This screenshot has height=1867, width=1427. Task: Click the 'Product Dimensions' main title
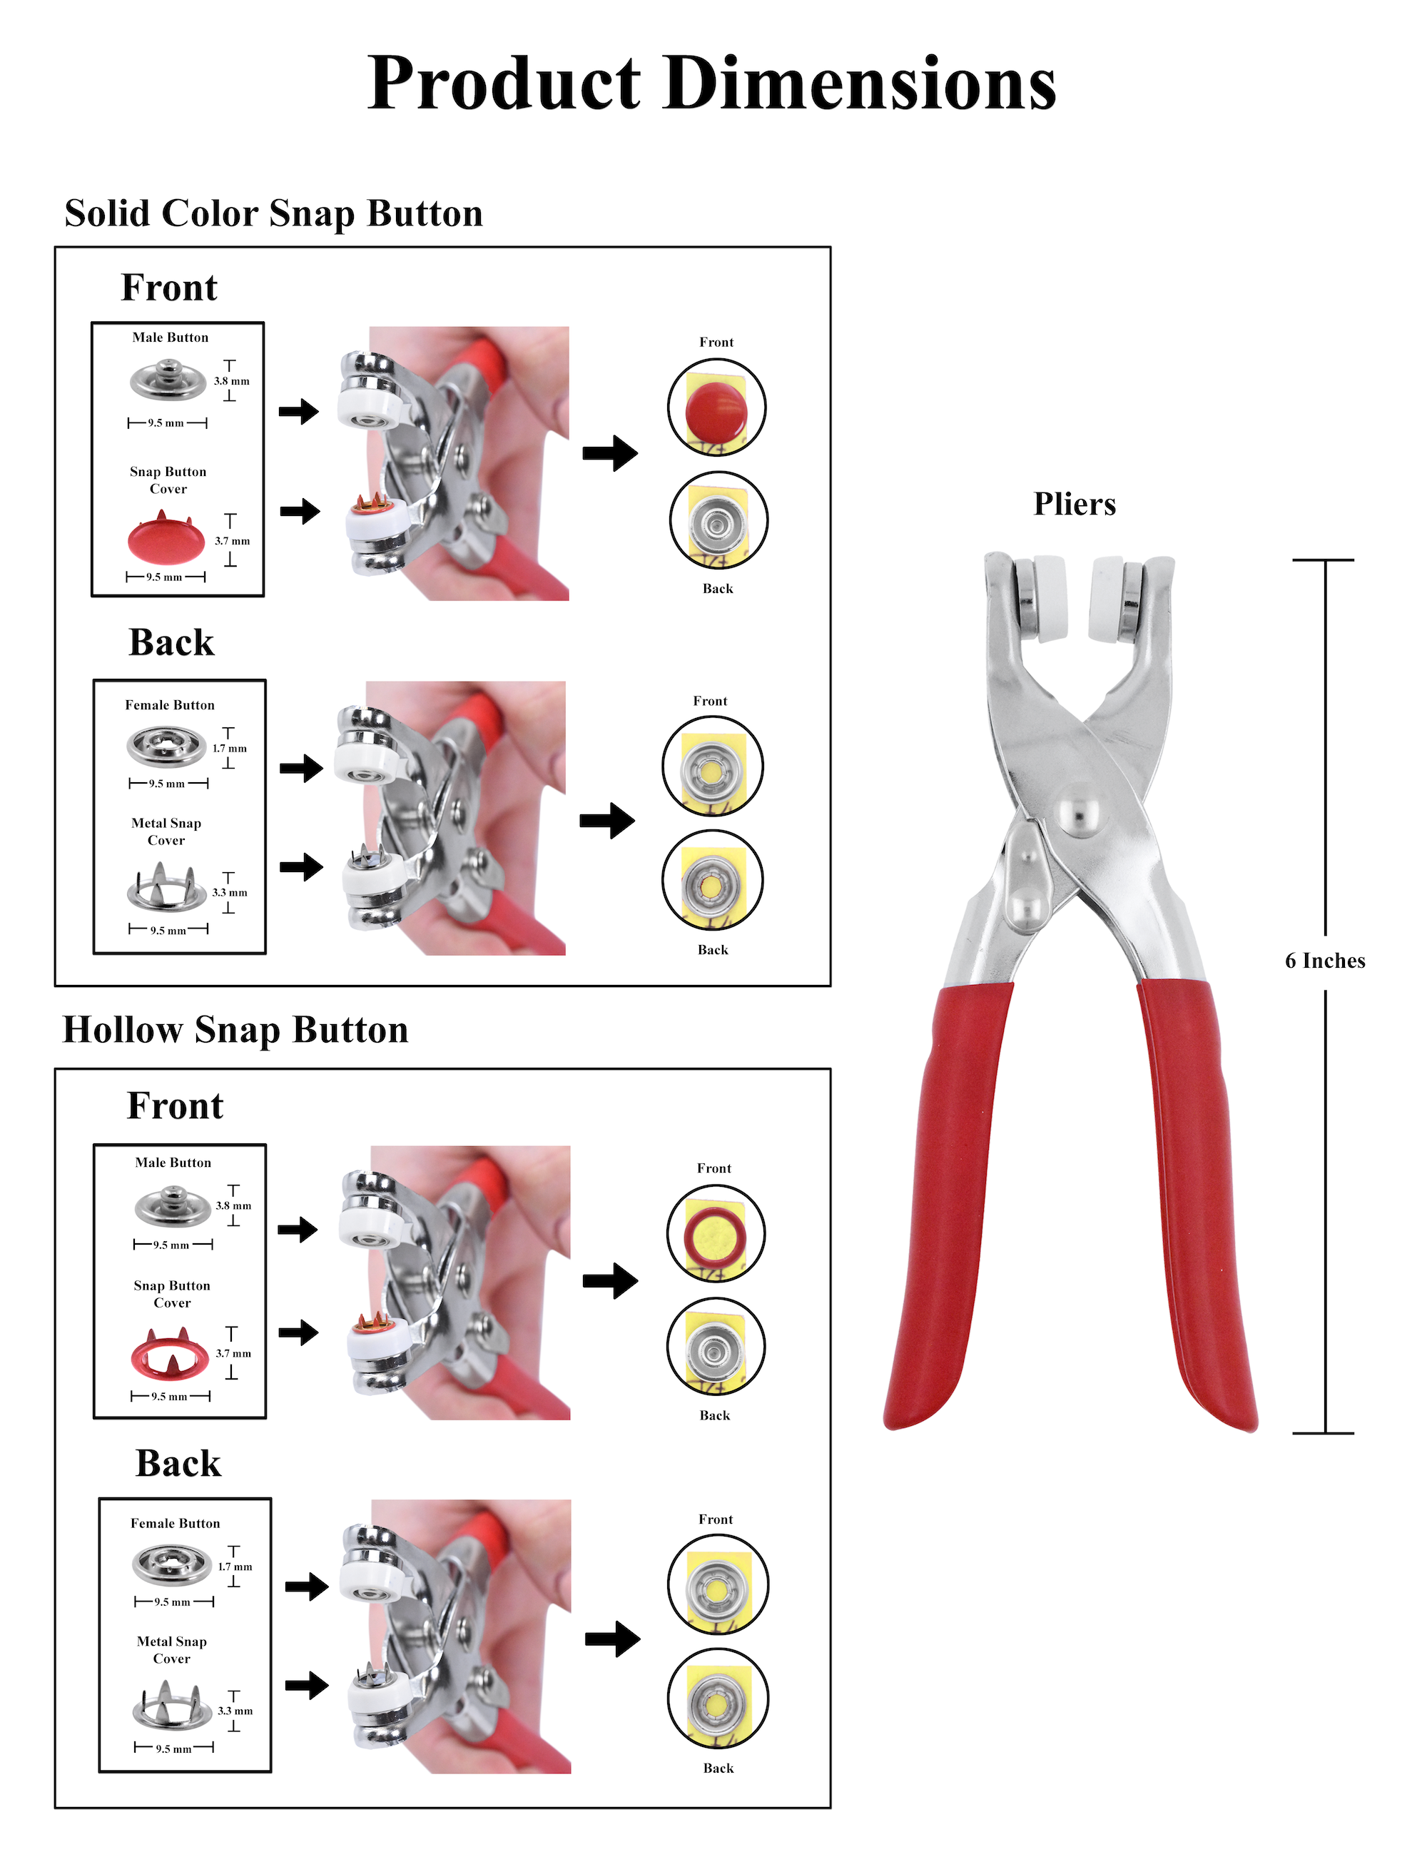[712, 85]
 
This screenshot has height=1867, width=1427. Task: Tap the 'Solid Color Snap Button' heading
[273, 213]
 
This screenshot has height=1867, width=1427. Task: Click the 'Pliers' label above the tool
[1075, 504]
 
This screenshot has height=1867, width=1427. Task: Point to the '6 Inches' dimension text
[1325, 961]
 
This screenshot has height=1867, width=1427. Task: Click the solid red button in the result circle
[716, 410]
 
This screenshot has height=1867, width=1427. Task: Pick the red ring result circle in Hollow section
[716, 1234]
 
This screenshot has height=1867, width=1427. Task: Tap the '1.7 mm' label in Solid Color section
[229, 749]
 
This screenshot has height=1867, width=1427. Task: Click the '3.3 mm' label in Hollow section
[235, 1711]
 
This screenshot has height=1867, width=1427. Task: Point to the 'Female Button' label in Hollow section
[175, 1523]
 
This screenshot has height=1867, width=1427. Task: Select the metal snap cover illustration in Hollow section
[171, 1706]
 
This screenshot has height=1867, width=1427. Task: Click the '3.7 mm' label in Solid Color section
[232, 541]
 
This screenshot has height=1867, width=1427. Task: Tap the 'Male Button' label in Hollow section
[173, 1162]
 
